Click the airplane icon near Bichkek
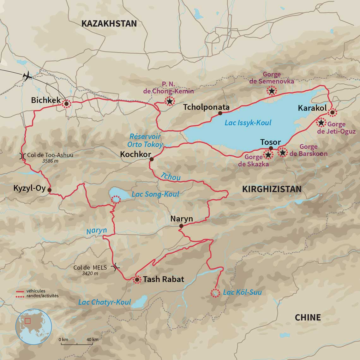28,76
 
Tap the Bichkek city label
46,100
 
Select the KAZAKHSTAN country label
109,23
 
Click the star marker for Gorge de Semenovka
271,91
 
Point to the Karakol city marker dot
332,112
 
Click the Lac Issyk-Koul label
248,123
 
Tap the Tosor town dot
271,148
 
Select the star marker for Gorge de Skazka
268,155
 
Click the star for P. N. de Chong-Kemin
170,101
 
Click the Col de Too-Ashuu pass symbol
23,156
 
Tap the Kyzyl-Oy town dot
49,190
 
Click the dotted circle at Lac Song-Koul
116,199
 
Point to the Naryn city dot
181,226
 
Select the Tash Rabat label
163,279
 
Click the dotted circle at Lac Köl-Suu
215,293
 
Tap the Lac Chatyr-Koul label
105,302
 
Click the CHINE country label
308,317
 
